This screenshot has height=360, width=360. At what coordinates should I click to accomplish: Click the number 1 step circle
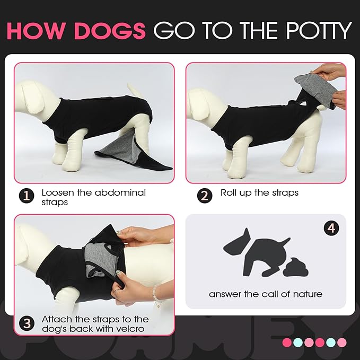point(27,196)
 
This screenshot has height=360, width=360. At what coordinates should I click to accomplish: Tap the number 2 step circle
point(205,196)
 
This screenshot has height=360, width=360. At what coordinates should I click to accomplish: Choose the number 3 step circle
point(27,322)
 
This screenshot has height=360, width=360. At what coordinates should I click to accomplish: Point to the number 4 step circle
point(331,229)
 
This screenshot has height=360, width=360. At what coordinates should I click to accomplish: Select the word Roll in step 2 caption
point(231,192)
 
